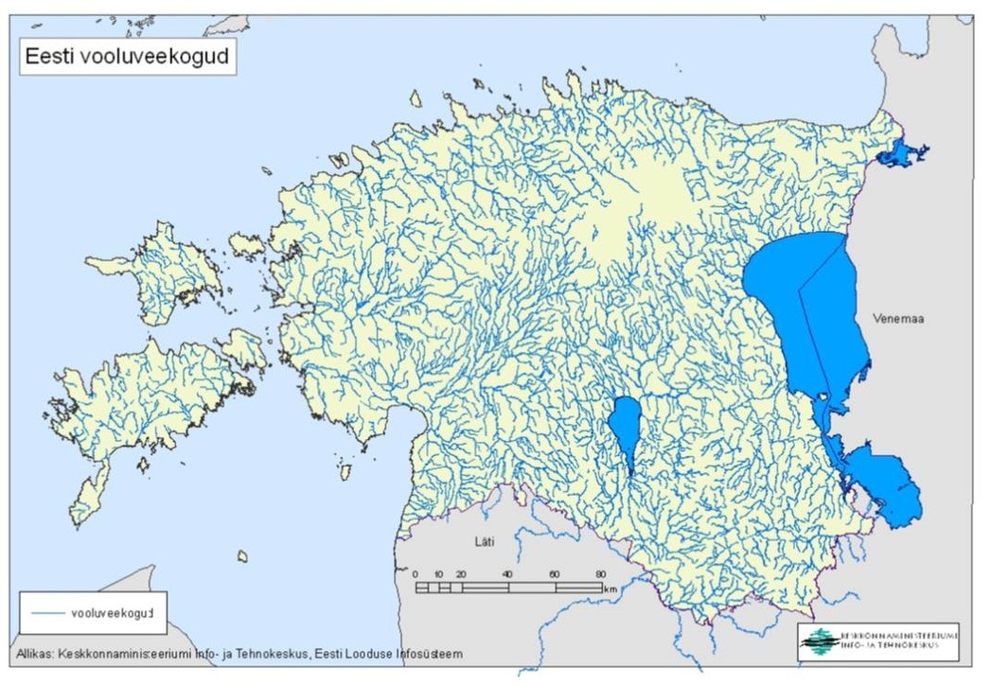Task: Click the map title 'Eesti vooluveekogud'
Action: (125, 56)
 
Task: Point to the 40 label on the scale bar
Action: (508, 574)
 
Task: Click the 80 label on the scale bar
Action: (599, 574)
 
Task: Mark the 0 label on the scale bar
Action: (416, 574)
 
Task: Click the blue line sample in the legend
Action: (46, 613)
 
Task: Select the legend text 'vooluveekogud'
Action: (112, 613)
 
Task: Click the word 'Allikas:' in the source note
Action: (36, 653)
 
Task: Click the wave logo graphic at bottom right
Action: (819, 641)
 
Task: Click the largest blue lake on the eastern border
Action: (805, 303)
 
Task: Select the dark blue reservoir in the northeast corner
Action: (898, 154)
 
